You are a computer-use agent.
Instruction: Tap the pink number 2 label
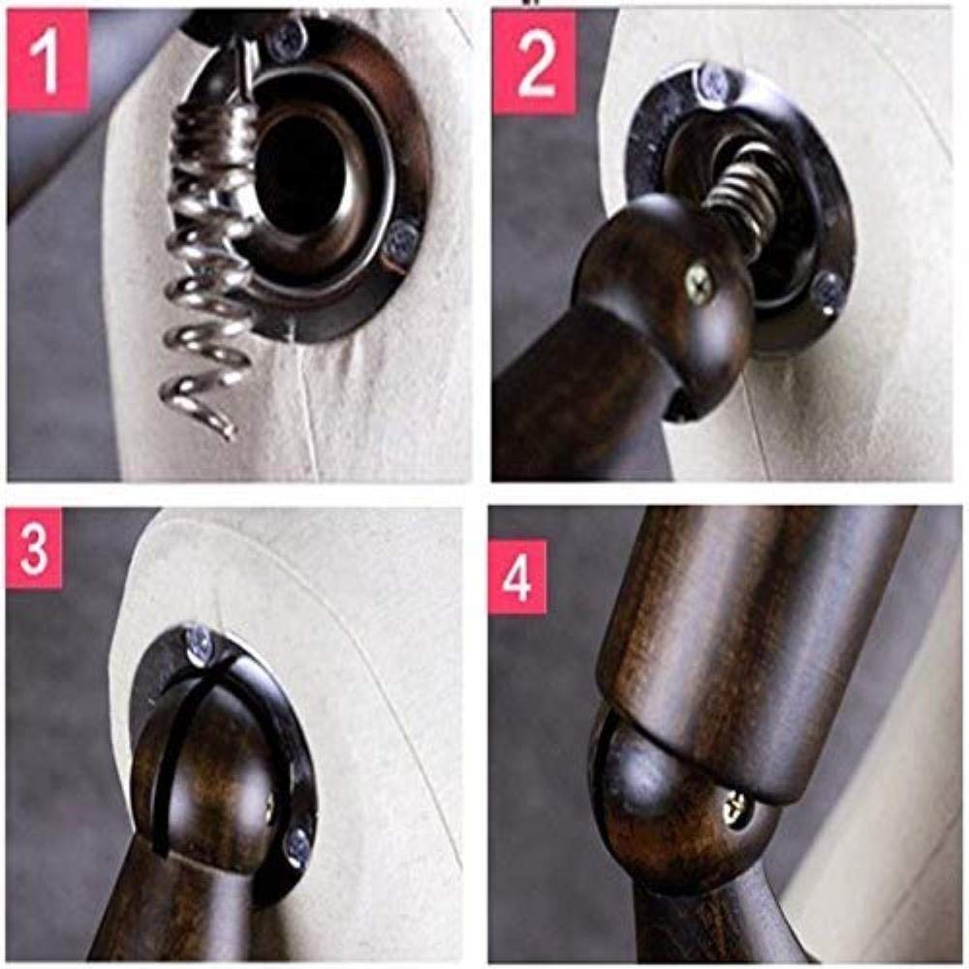pyautogui.click(x=535, y=62)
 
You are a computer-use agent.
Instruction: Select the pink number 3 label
pyautogui.click(x=34, y=547)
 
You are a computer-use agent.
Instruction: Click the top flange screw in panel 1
pyautogui.click(x=288, y=36)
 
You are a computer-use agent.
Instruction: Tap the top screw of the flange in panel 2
pyautogui.click(x=715, y=81)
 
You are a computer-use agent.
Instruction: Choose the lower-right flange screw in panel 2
pyautogui.click(x=828, y=288)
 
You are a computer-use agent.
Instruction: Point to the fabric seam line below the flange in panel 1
pyautogui.click(x=309, y=408)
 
